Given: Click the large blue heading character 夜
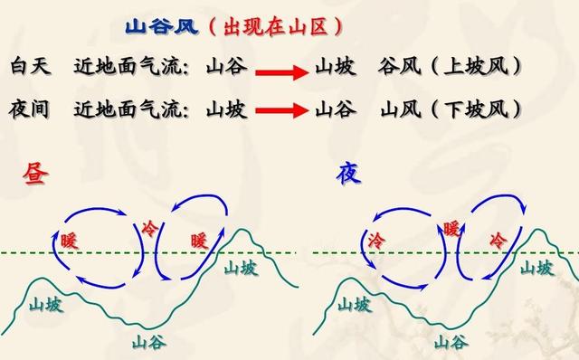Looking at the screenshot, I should coord(349,173).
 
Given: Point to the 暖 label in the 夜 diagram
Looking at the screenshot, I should coord(451,228).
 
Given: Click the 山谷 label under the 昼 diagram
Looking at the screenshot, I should coord(147,342).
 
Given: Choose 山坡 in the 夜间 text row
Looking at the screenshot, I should coord(225,109).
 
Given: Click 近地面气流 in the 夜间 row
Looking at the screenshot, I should coord(126,109).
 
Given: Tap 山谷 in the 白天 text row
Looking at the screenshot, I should coord(225,67).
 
